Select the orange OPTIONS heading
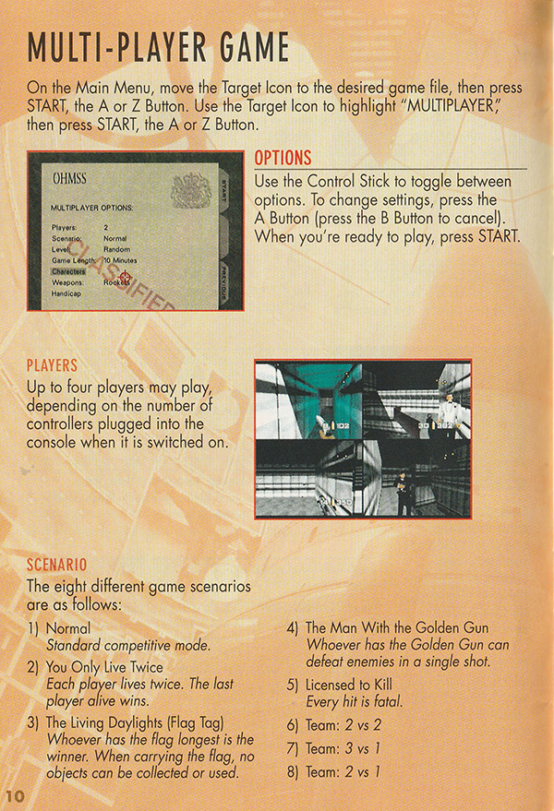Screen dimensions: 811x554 pos(283,158)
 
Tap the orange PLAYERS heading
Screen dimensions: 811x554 pos(53,366)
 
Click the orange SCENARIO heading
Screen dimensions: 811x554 pos(56,563)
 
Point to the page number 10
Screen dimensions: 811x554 pos(15,795)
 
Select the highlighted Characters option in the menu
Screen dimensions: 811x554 pos(67,272)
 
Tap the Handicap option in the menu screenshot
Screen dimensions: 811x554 pos(66,293)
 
